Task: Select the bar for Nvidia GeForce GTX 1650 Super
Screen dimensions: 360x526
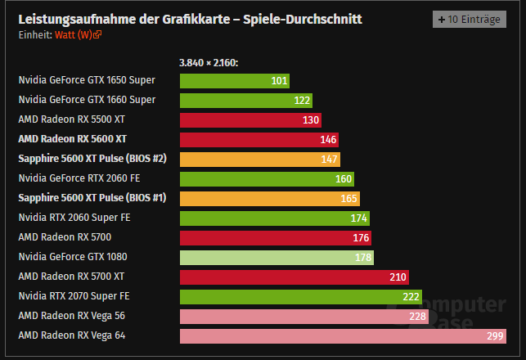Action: [233, 80]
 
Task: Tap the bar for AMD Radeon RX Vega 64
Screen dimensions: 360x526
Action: [342, 335]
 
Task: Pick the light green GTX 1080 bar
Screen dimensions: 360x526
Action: [276, 257]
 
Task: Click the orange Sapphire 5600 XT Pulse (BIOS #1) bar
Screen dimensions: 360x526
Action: [269, 198]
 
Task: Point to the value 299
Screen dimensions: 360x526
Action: [495, 335]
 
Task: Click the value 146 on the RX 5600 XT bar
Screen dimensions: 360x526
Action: [328, 139]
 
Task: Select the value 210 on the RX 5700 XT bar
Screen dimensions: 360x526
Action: [398, 277]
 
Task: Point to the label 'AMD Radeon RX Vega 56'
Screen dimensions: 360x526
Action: [71, 316]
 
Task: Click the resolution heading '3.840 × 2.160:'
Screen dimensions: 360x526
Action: [208, 62]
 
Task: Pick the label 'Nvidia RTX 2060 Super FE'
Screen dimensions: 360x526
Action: [74, 218]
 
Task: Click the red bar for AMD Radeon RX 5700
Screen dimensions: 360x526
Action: [275, 237]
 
